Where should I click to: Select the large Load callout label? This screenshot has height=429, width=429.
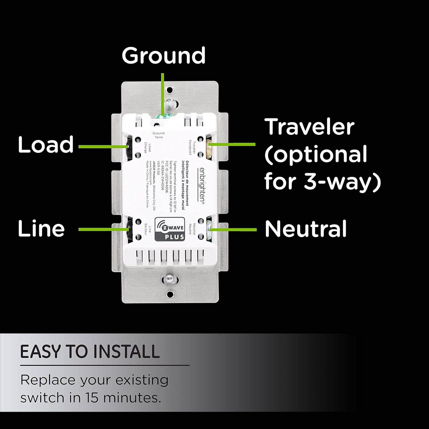pyautogui.click(x=46, y=144)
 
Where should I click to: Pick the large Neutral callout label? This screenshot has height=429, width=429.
pyautogui.click(x=305, y=229)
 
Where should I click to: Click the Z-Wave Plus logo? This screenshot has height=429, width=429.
pyautogui.click(x=170, y=229)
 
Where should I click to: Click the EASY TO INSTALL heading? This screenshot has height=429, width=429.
pyautogui.click(x=90, y=351)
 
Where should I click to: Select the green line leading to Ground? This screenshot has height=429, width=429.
pyautogui.click(x=162, y=92)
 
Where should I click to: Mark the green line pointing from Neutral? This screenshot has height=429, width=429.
pyautogui.click(x=233, y=229)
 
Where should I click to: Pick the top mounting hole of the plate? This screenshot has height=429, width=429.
pyautogui.click(x=170, y=90)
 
